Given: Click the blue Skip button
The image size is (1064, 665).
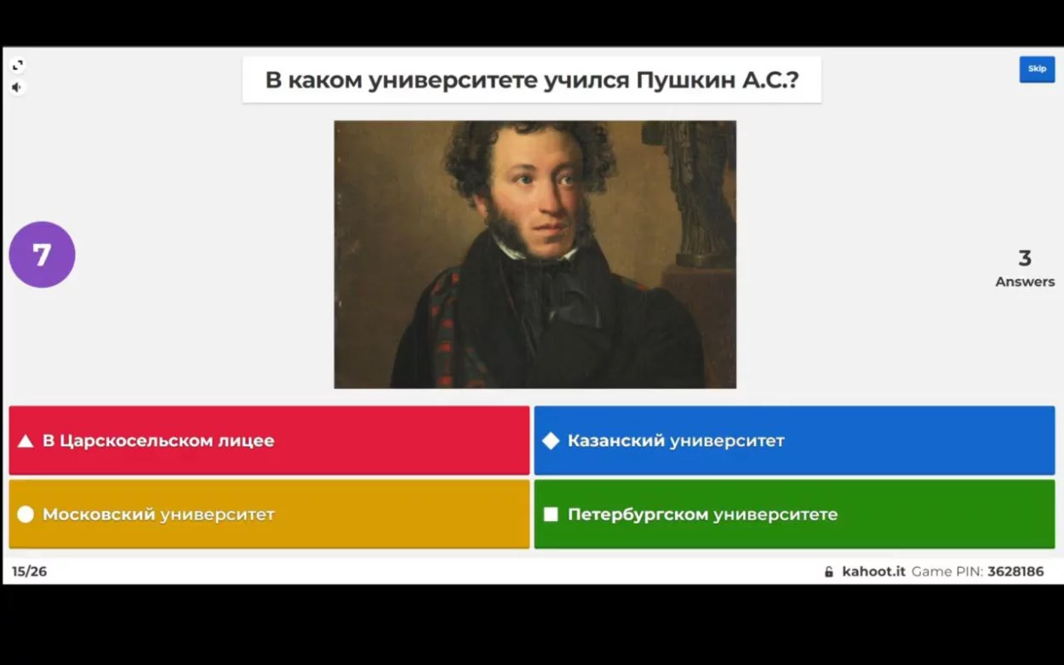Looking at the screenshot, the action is (x=1037, y=69).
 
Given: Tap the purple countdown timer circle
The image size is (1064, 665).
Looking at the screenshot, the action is (x=43, y=255).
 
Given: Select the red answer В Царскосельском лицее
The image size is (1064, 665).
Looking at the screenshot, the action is (x=269, y=440).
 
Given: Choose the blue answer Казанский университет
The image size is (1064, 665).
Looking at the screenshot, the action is (x=795, y=440).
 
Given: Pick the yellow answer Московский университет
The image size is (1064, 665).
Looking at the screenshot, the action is (x=269, y=514).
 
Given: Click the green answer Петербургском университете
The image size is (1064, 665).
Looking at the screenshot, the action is (x=795, y=514).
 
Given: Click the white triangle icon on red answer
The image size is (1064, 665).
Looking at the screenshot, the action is (x=26, y=441).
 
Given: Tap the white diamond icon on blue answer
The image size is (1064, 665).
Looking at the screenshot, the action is (x=551, y=441).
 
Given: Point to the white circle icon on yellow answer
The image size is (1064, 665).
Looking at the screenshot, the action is (x=26, y=514).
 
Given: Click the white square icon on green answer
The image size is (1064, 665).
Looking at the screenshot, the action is (x=551, y=514).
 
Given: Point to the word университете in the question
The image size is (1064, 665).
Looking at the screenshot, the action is (x=453, y=81).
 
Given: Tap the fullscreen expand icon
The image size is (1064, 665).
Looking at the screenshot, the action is (x=18, y=65).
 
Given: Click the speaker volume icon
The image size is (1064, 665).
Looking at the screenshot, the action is (x=17, y=88).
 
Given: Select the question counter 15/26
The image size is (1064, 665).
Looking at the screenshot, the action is (x=30, y=571).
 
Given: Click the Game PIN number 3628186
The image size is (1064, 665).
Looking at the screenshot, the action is (x=1015, y=571).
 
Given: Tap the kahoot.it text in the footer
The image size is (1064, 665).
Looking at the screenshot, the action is (x=874, y=571).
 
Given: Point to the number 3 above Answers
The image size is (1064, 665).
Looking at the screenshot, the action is (x=1025, y=258).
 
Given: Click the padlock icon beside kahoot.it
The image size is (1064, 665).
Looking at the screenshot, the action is (x=829, y=571).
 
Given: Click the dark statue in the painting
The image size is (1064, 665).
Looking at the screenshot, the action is (x=694, y=190).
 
